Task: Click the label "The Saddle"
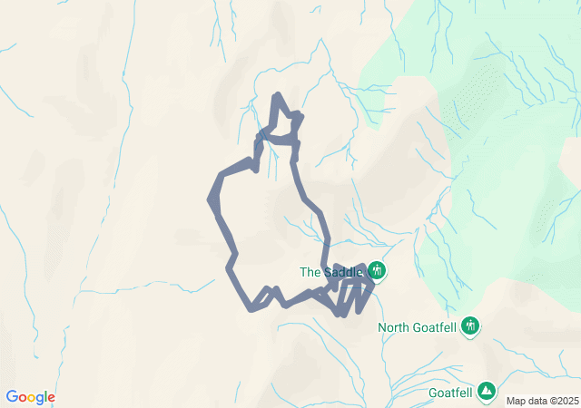[331, 271]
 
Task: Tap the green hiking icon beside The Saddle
[377, 270]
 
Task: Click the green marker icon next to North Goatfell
[470, 325]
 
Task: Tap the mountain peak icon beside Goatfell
[487, 390]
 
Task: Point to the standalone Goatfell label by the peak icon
[451, 393]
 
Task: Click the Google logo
[30, 397]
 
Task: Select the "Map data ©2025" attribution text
[541, 401]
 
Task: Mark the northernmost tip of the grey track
[276, 94]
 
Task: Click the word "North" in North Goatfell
[396, 327]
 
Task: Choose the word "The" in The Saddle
[310, 271]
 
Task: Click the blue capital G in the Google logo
[12, 397]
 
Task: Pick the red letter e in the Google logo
[52, 398]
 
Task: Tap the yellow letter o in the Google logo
[33, 398]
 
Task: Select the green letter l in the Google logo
[46, 397]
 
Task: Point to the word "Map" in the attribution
[516, 401]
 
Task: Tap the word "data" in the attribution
[536, 401]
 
